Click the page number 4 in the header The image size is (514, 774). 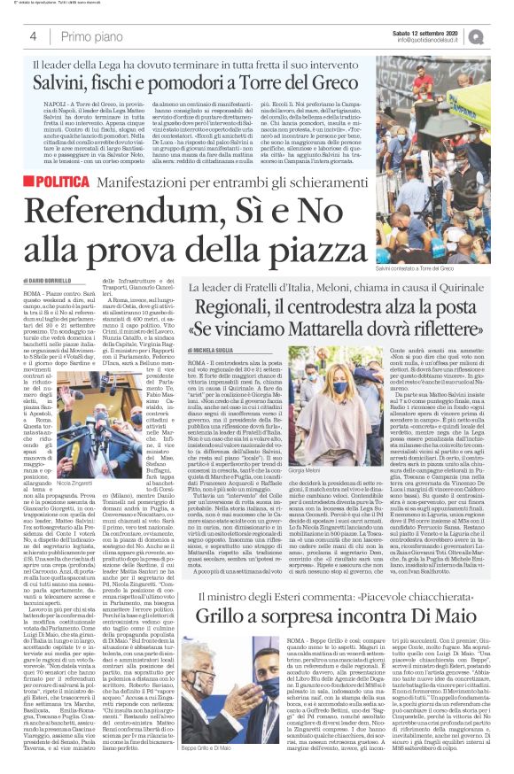(32, 36)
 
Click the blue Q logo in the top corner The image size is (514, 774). (501, 35)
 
